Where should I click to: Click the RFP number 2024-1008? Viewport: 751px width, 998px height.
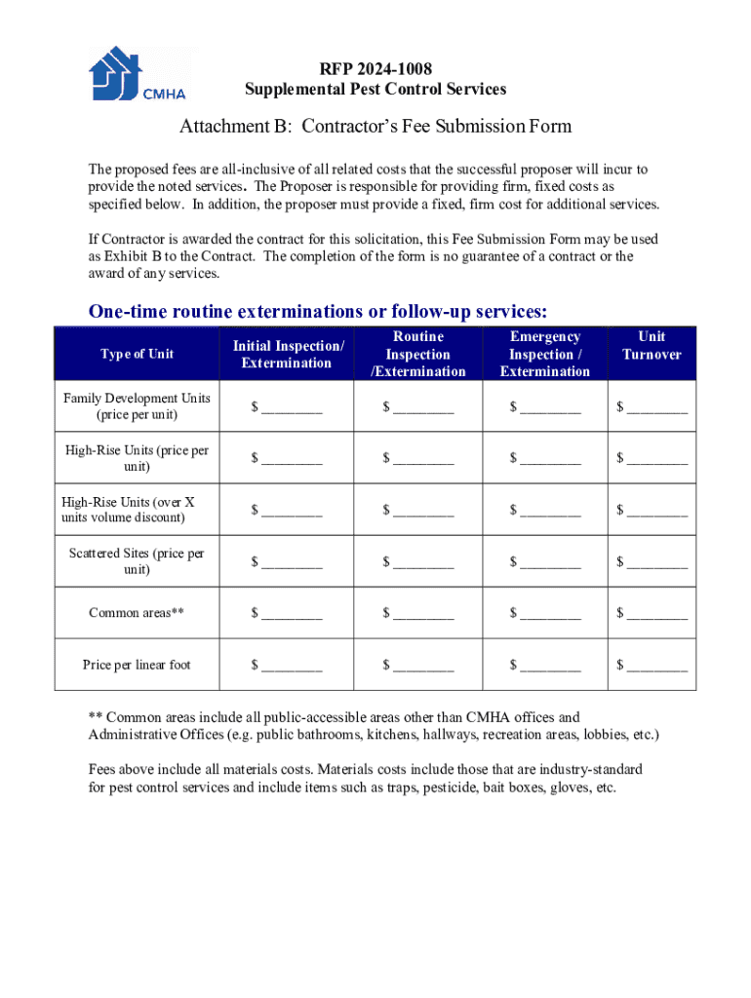pos(375,68)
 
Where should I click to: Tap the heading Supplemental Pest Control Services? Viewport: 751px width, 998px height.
pos(375,90)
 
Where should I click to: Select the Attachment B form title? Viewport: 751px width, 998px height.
pos(375,127)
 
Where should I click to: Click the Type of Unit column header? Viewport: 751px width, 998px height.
pos(137,354)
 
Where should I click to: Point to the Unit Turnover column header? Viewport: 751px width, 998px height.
pos(652,345)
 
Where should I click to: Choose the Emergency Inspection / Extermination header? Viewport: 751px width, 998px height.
pos(545,354)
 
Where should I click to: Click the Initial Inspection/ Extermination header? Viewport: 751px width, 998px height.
pos(288,354)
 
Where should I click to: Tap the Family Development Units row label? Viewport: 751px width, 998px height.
pos(137,406)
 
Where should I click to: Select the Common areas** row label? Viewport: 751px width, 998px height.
pos(137,613)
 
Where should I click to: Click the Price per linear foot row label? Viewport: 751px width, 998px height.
pos(137,665)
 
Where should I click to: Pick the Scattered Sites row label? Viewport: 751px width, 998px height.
pos(137,561)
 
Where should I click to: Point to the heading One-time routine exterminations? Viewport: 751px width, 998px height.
pos(318,312)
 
